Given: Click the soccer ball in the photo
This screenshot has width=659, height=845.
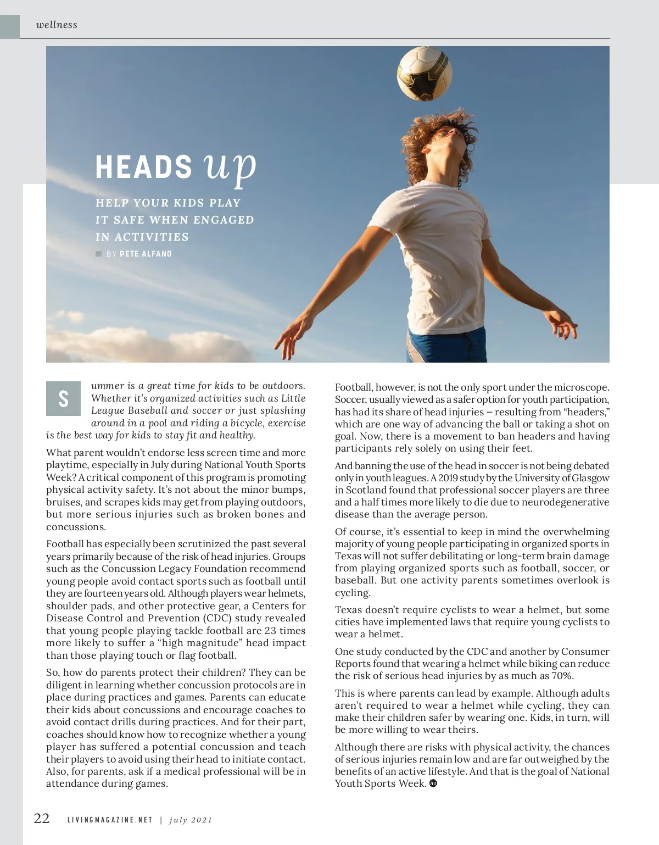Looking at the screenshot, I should coord(425,74).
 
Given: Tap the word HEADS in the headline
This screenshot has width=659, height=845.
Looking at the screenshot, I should coord(144,167).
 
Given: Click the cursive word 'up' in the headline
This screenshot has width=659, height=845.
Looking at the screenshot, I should coord(230,166).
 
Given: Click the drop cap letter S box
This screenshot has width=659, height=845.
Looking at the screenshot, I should coord(63,398).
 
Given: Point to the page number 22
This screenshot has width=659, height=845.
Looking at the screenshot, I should coord(42,818).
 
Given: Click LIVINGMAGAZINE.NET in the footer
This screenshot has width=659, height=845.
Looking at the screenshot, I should coord(110,820).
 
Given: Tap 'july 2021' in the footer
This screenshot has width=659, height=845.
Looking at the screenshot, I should coord(191,820).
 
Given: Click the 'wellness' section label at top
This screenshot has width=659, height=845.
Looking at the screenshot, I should coord(57,25).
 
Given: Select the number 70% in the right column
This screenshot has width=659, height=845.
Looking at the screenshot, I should coord(561,676).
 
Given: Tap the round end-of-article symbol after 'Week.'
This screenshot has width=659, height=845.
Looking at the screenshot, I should coord(433,783).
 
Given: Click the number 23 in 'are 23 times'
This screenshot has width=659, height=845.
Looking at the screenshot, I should coord(271,631).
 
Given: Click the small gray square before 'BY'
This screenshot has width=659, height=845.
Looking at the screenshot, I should coord(99,254).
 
